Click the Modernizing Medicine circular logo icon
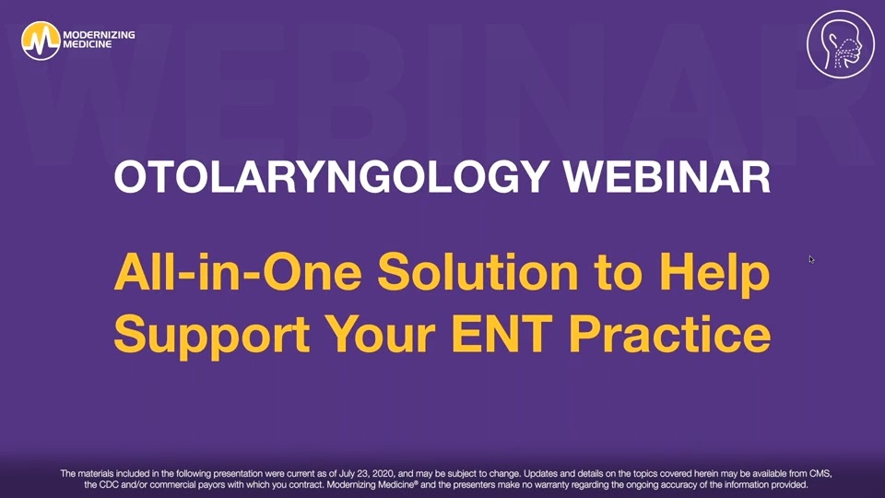click(x=40, y=40)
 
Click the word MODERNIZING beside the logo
click(x=99, y=33)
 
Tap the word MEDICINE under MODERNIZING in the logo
click(x=88, y=45)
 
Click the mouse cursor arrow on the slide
click(x=811, y=260)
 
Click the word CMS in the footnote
click(x=818, y=473)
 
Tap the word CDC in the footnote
click(x=119, y=485)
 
